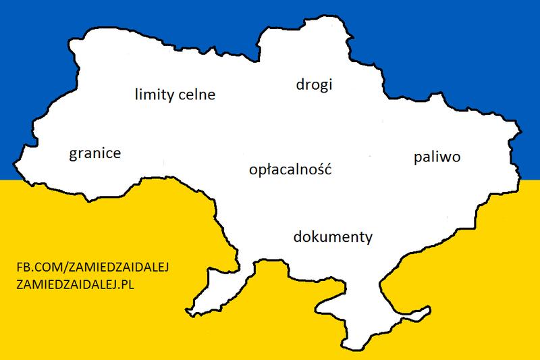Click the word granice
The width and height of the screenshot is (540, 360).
[x=94, y=155]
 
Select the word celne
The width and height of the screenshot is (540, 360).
[x=196, y=95]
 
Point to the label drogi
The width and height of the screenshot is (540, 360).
[x=316, y=85]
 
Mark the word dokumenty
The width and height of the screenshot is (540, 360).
[x=333, y=238]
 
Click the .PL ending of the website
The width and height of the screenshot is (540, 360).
[x=128, y=284]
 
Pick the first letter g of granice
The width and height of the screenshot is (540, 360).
[x=73, y=156]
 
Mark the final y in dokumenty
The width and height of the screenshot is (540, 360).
[x=369, y=240]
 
